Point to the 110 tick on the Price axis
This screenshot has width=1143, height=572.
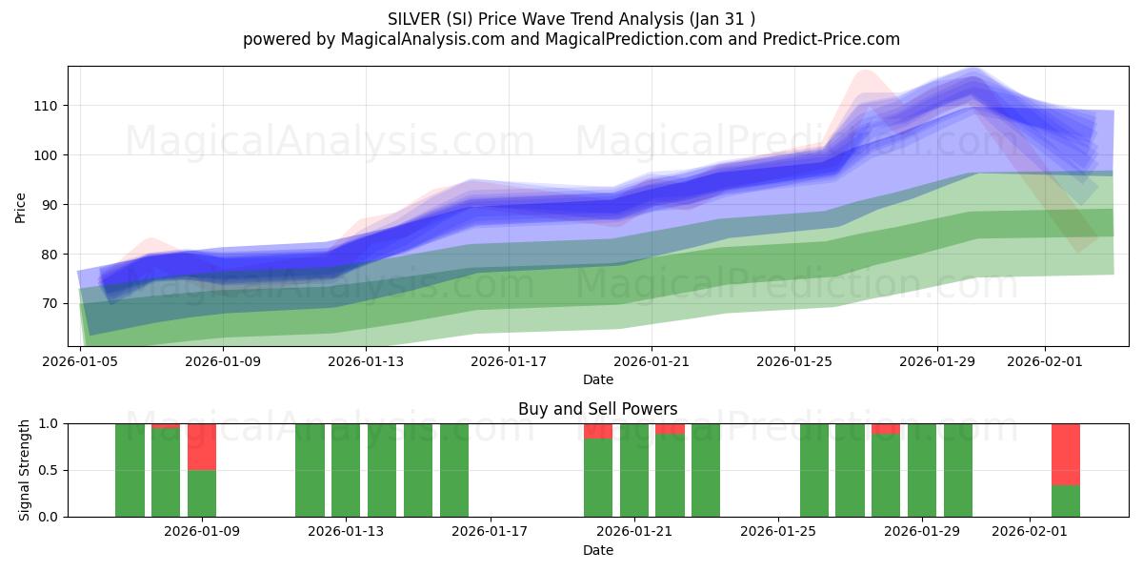tap(46, 106)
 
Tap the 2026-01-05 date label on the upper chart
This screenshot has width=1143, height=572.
tap(81, 361)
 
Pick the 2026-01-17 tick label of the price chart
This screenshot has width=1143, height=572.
tap(509, 361)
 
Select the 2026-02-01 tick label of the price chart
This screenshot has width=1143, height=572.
tap(1044, 361)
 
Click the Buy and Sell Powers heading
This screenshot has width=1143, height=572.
tap(598, 409)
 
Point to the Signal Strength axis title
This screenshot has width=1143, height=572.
tap(25, 470)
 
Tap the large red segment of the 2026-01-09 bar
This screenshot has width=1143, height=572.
tap(202, 447)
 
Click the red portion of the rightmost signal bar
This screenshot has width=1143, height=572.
tap(1065, 454)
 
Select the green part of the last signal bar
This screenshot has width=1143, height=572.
tap(1065, 501)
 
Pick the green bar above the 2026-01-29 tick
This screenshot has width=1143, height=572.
tap(922, 470)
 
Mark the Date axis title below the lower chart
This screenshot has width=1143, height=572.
tap(598, 550)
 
